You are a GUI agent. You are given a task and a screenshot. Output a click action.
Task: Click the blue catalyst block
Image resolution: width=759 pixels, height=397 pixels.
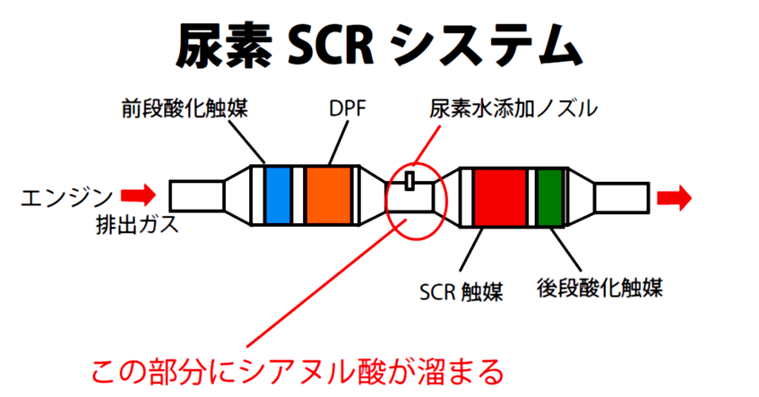tap(278, 195)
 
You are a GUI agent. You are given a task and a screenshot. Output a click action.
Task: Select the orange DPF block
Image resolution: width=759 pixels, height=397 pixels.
tap(329, 195)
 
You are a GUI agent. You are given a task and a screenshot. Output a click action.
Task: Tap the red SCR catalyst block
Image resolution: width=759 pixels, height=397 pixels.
tap(500, 197)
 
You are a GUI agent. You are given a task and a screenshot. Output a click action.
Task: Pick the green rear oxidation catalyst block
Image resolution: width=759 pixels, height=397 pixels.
tap(550, 197)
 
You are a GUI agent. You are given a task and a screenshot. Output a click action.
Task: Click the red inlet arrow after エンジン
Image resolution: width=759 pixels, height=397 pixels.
tap(138, 195)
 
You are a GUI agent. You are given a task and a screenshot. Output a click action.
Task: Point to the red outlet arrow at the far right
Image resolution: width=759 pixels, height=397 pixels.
tap(674, 198)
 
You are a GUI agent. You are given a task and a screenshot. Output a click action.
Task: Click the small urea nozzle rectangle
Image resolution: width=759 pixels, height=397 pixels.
tap(410, 181)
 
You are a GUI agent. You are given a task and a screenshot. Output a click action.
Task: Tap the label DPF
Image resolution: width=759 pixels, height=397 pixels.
tap(347, 109)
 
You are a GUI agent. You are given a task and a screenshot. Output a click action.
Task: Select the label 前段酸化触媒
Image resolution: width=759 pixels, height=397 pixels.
tap(185, 108)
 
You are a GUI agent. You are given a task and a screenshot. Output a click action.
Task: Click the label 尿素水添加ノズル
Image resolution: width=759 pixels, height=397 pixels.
tap(513, 109)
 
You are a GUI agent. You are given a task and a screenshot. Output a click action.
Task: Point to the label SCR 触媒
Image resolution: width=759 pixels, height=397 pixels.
tap(461, 291)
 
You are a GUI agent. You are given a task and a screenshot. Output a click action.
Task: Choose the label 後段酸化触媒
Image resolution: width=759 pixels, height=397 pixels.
tap(599, 287)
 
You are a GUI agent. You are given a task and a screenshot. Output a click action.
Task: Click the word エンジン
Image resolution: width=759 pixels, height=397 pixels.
tap(67, 197)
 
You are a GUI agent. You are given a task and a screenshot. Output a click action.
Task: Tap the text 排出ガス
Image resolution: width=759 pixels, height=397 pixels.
tap(137, 224)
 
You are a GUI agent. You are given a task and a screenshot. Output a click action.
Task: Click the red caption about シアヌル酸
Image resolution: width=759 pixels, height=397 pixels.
tap(298, 371)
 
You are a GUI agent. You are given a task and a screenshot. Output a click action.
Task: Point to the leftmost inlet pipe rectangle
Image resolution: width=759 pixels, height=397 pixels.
tap(197, 195)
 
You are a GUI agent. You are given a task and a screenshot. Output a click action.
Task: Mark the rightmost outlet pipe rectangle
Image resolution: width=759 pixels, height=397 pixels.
tap(622, 197)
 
